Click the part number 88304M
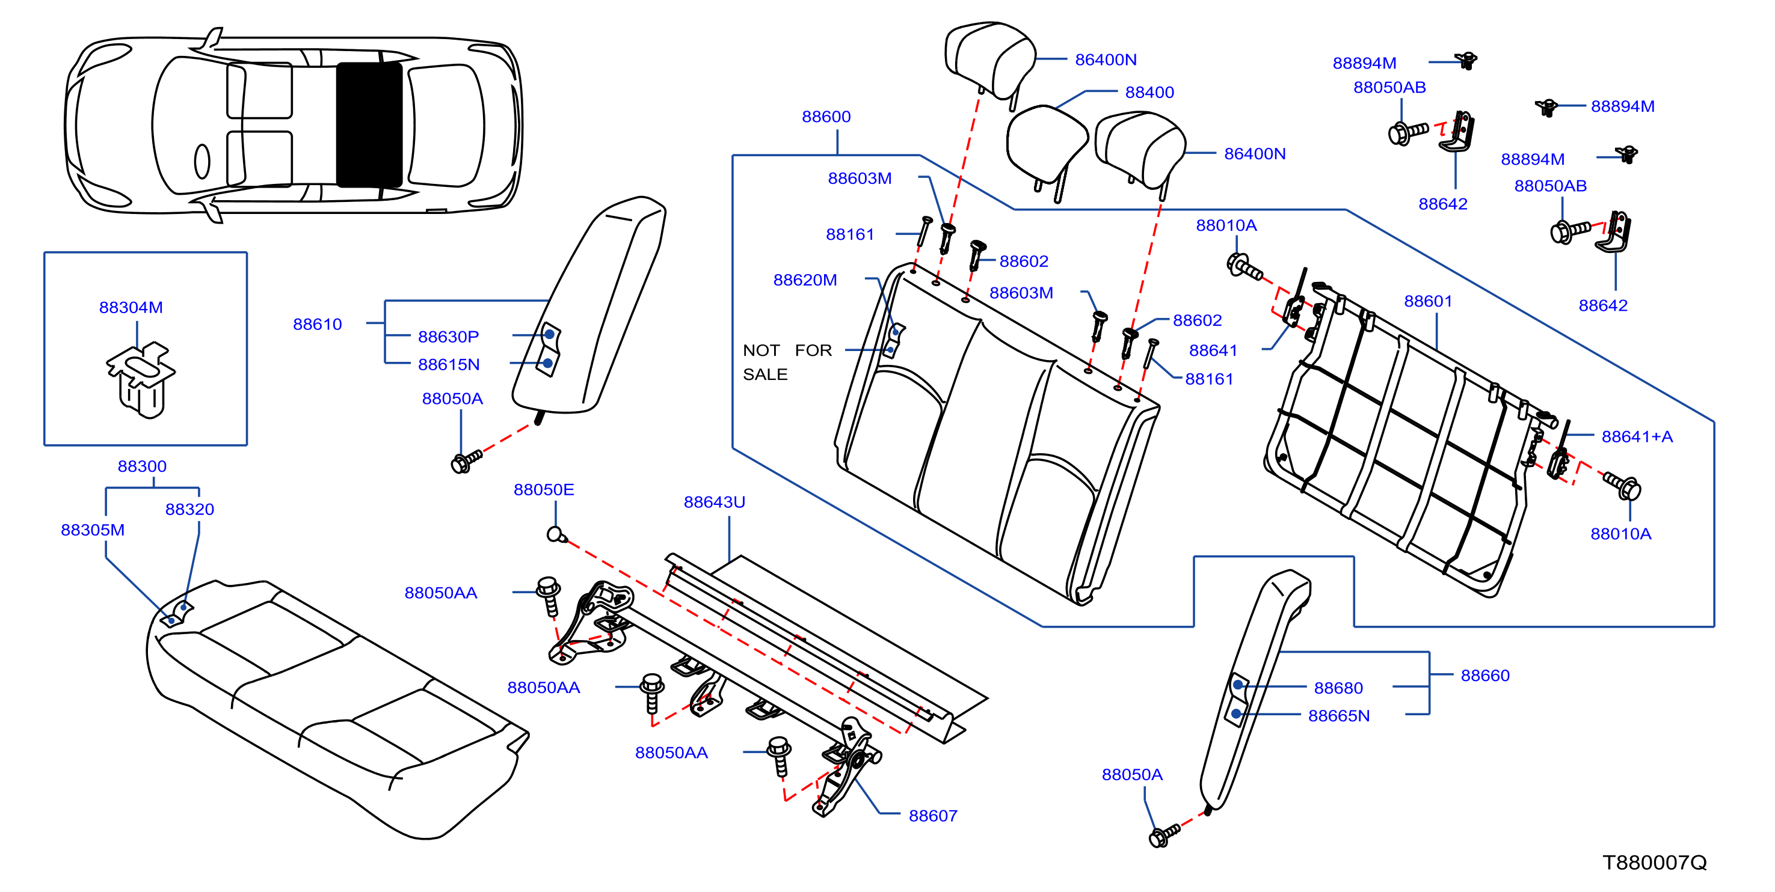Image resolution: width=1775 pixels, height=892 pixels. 131,307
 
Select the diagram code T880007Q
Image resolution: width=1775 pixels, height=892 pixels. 1655,863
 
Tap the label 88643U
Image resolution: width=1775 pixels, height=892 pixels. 715,502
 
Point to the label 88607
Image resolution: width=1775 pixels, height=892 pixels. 933,816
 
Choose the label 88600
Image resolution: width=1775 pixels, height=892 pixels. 826,117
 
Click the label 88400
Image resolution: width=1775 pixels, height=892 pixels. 1149,93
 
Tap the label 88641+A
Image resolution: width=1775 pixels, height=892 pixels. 1637,437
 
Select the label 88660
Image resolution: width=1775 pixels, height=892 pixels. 1485,676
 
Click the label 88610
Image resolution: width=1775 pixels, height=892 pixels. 317,325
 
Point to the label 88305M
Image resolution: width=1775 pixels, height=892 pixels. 93,530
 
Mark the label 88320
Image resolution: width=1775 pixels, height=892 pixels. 189,509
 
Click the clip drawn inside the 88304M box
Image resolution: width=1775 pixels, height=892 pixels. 141,379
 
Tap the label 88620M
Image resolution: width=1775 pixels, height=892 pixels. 805,280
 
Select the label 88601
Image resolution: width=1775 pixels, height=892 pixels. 1429,301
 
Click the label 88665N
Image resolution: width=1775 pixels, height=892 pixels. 1339,716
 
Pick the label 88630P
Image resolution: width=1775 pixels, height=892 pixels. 448,337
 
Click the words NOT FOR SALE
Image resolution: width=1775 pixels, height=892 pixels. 787,362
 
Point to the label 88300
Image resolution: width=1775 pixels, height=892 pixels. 142,466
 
